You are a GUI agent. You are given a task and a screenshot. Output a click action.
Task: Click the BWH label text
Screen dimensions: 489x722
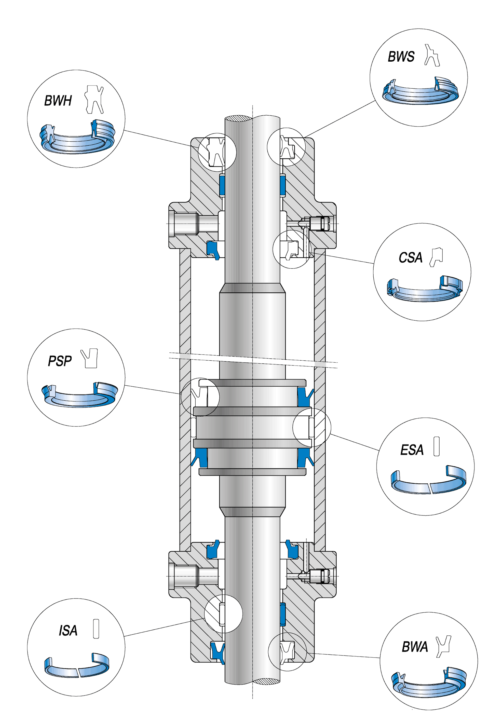tap(58, 101)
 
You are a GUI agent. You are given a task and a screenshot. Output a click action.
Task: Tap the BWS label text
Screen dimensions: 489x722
tap(401, 57)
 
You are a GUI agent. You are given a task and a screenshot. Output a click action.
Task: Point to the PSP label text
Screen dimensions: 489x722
tap(60, 361)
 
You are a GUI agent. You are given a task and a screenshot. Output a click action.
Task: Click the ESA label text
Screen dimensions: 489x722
tap(412, 450)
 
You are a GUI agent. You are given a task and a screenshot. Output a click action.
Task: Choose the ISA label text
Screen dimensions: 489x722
tap(68, 631)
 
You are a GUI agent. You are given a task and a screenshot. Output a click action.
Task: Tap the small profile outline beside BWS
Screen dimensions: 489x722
tap(432, 55)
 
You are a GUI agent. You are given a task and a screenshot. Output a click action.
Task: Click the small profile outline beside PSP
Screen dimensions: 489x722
tap(89, 358)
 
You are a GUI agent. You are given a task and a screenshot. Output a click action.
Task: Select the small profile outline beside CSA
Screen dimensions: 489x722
tap(437, 257)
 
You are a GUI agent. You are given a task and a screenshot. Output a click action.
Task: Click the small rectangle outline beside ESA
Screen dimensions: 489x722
tap(437, 446)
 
